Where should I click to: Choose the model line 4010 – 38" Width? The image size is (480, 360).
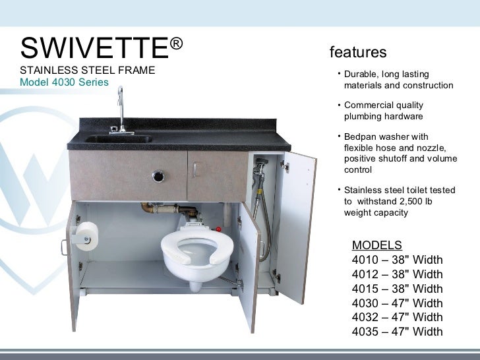tap(398, 259)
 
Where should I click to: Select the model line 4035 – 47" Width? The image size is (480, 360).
tap(398, 332)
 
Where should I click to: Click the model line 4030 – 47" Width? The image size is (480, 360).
tap(398, 303)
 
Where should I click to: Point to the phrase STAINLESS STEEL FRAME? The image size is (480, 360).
tap(88, 70)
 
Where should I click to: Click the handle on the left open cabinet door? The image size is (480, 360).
tap(64, 246)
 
